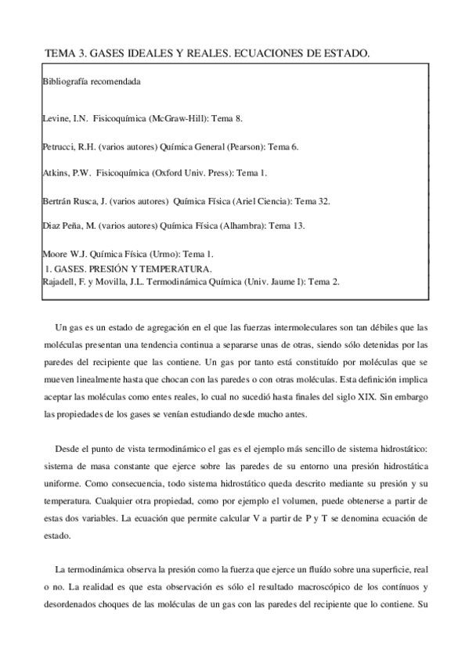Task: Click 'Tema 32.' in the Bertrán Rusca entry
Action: (x=313, y=200)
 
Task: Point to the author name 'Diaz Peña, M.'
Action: (x=69, y=226)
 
